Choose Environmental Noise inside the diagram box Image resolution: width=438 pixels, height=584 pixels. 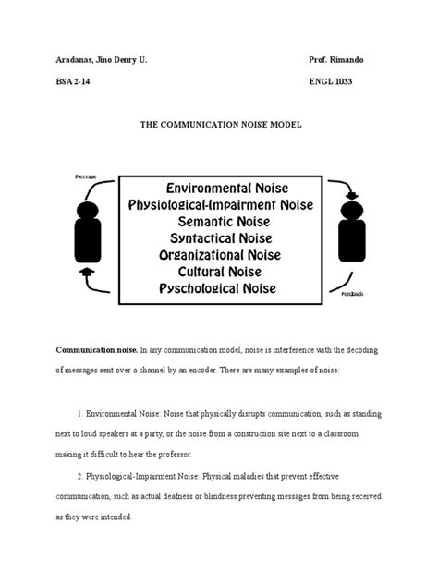(219, 185)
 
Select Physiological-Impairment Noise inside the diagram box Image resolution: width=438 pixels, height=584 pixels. (219, 204)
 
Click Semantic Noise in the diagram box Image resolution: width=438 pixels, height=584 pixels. (219, 224)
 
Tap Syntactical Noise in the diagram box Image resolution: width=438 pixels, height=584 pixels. (219, 243)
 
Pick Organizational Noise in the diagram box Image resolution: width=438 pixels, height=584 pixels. (219, 253)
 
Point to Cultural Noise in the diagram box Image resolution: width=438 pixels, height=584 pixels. (219, 273)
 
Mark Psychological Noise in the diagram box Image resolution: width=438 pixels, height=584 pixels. (219, 288)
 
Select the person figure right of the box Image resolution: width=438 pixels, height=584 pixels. (353, 226)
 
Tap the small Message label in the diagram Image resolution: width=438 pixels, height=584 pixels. (86, 175)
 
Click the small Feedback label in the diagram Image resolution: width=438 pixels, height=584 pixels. (352, 294)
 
